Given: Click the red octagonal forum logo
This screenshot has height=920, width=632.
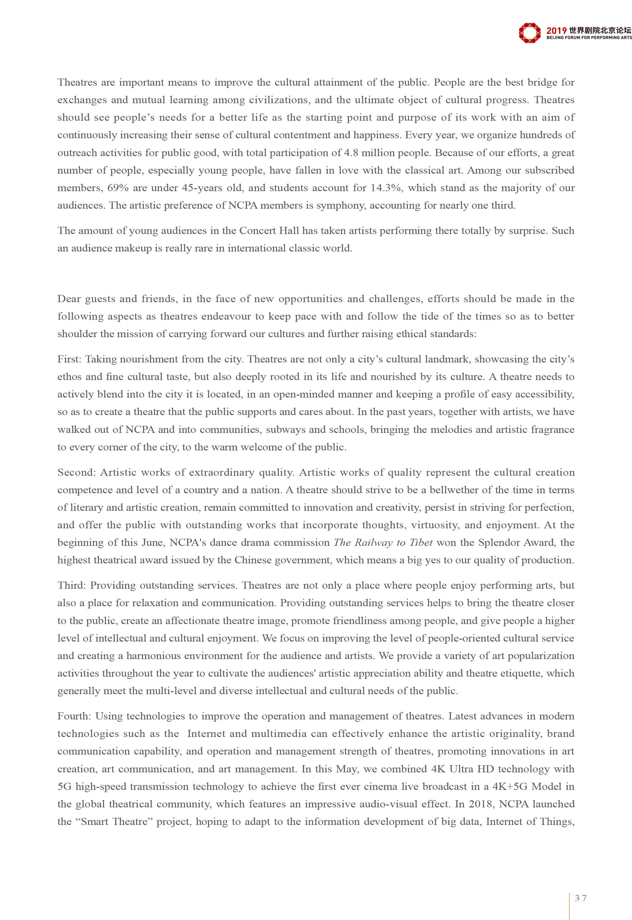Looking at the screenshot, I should point(530,32).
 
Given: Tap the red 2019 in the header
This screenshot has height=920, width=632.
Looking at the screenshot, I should point(556,31).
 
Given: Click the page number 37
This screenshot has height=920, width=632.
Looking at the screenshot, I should point(580,898).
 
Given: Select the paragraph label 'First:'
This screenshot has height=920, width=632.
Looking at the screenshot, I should point(69,359).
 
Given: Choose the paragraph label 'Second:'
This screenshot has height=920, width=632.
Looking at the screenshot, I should point(77,472).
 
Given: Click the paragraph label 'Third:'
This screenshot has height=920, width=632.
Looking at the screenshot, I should point(72,585).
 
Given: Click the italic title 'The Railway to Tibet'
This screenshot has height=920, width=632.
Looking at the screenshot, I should point(383,542).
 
